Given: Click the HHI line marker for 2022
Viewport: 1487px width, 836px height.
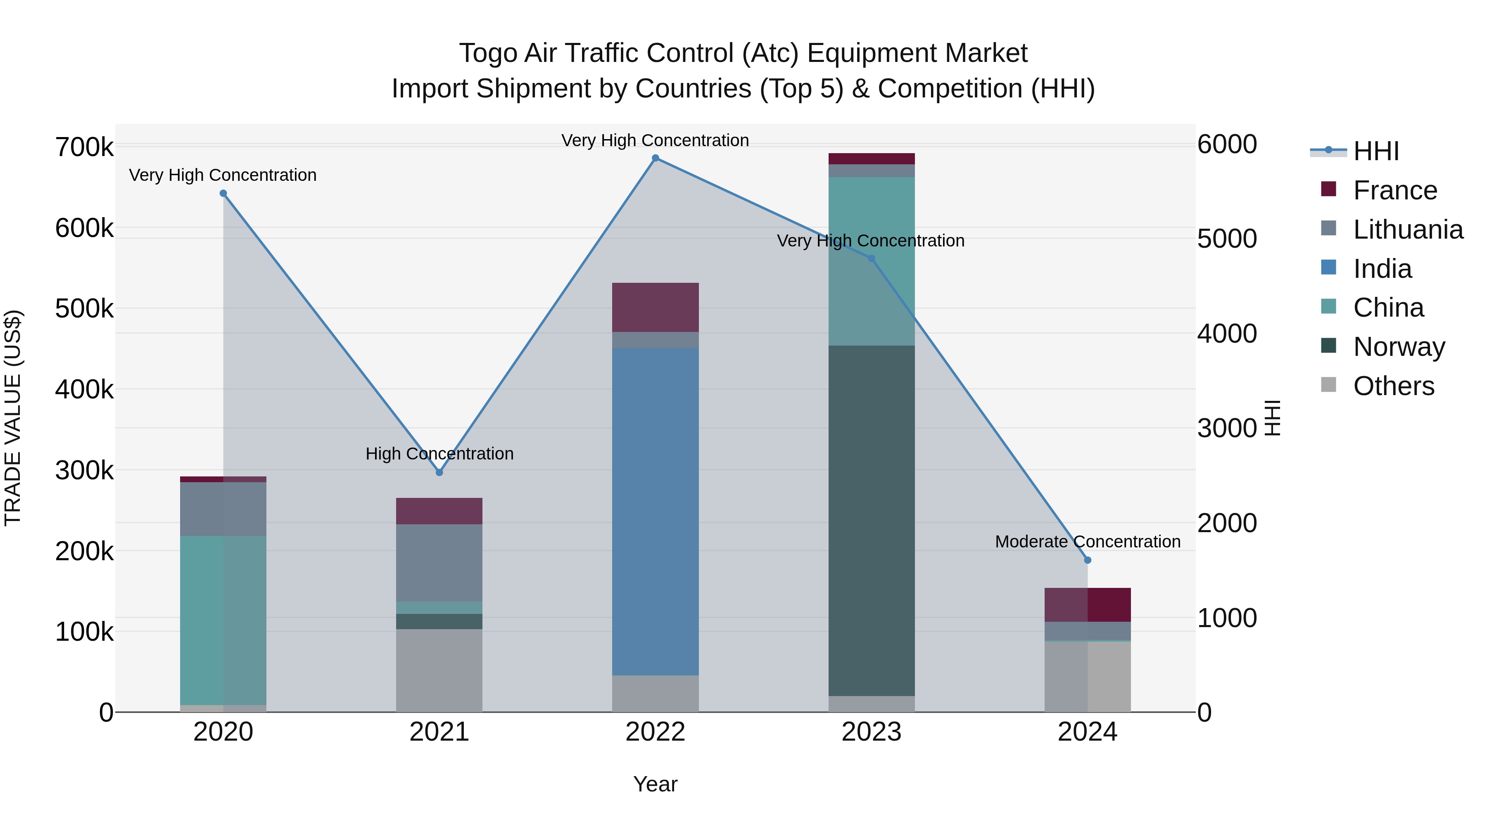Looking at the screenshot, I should (x=655, y=158).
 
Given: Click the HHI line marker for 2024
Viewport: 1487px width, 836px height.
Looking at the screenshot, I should (x=1088, y=560).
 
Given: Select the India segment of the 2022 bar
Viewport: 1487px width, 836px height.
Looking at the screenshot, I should (x=655, y=511).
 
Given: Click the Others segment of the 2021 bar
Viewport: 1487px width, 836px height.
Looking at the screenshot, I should (x=439, y=670).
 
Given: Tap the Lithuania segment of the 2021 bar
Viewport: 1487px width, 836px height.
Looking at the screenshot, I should (x=439, y=563).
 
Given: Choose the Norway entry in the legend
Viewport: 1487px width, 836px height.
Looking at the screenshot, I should (x=1399, y=347).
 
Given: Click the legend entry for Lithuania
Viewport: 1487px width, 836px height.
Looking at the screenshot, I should (x=1407, y=230).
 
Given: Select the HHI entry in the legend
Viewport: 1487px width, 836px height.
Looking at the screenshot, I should (x=1375, y=151).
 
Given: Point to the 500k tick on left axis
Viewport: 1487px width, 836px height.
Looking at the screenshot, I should (x=84, y=309).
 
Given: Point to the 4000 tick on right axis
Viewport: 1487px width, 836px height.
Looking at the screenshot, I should (x=1227, y=334).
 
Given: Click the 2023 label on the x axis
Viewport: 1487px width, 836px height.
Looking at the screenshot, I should (x=871, y=732).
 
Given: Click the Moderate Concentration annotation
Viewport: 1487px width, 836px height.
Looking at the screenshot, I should (x=1088, y=542).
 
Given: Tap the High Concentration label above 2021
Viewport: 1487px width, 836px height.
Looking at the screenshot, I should (x=439, y=454).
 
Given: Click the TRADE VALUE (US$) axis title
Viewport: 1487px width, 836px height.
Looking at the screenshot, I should (x=13, y=418).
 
